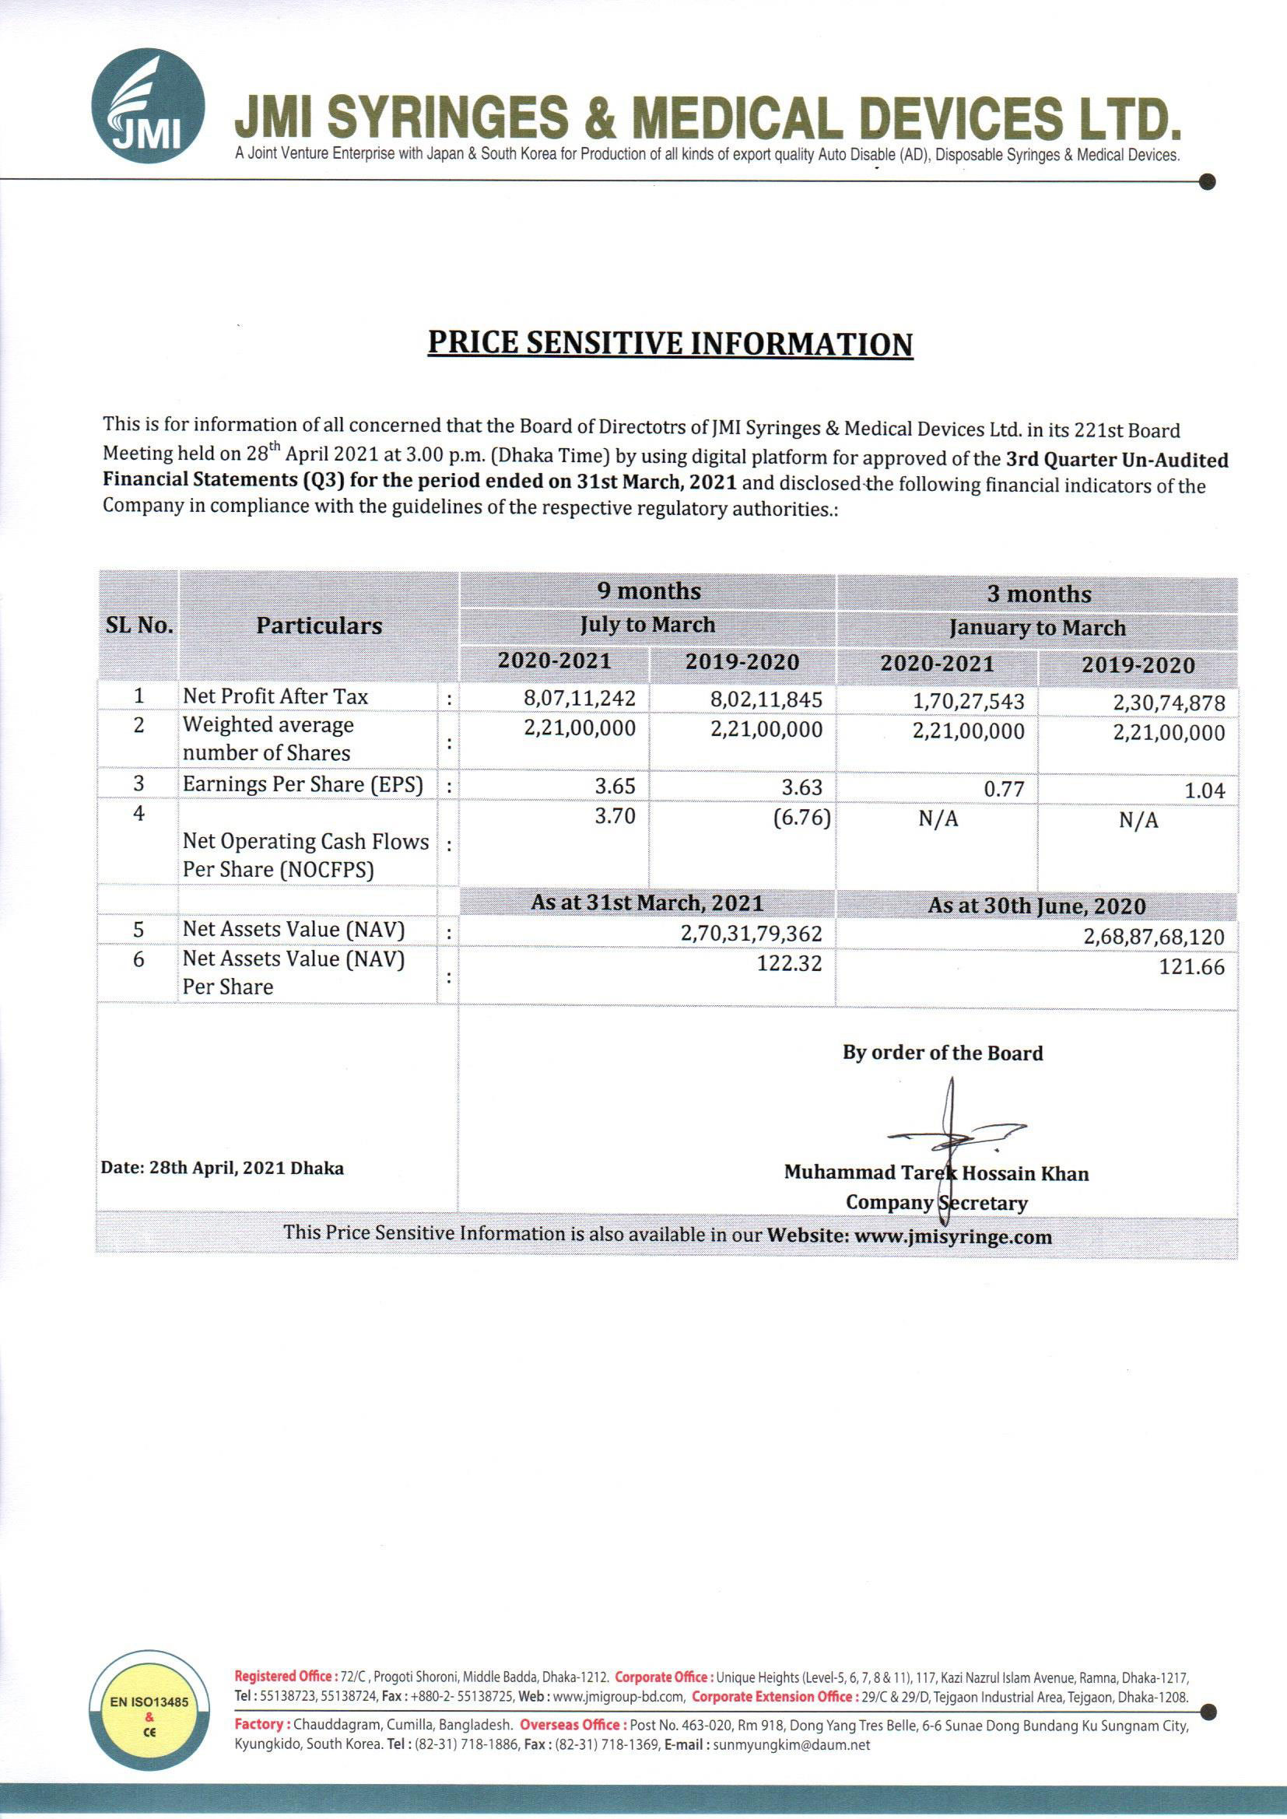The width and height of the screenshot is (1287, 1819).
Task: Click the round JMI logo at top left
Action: (x=147, y=106)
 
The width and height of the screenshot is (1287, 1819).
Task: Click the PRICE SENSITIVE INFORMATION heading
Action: (x=670, y=344)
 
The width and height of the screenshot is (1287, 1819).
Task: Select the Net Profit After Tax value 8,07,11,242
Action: (x=580, y=698)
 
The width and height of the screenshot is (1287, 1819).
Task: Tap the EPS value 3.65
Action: (x=615, y=786)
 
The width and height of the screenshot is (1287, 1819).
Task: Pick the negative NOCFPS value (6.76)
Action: (x=801, y=817)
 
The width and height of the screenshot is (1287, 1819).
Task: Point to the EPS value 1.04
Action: (x=1205, y=790)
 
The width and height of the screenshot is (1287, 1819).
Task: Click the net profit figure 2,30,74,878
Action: (x=1169, y=703)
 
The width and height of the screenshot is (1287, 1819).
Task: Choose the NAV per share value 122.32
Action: (x=789, y=963)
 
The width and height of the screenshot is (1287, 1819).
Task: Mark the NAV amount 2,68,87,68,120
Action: (x=1154, y=937)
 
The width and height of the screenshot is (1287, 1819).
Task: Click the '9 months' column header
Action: (x=648, y=591)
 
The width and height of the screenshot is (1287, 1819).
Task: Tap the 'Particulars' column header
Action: (x=318, y=626)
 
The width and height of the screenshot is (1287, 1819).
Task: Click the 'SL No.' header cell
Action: (x=139, y=625)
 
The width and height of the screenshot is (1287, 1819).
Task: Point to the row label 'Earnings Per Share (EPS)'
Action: (x=303, y=784)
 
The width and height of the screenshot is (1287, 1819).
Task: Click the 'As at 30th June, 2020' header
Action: (x=1036, y=906)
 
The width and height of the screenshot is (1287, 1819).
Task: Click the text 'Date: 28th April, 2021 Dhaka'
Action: (x=222, y=1168)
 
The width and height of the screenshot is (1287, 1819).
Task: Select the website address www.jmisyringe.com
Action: (x=952, y=1237)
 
